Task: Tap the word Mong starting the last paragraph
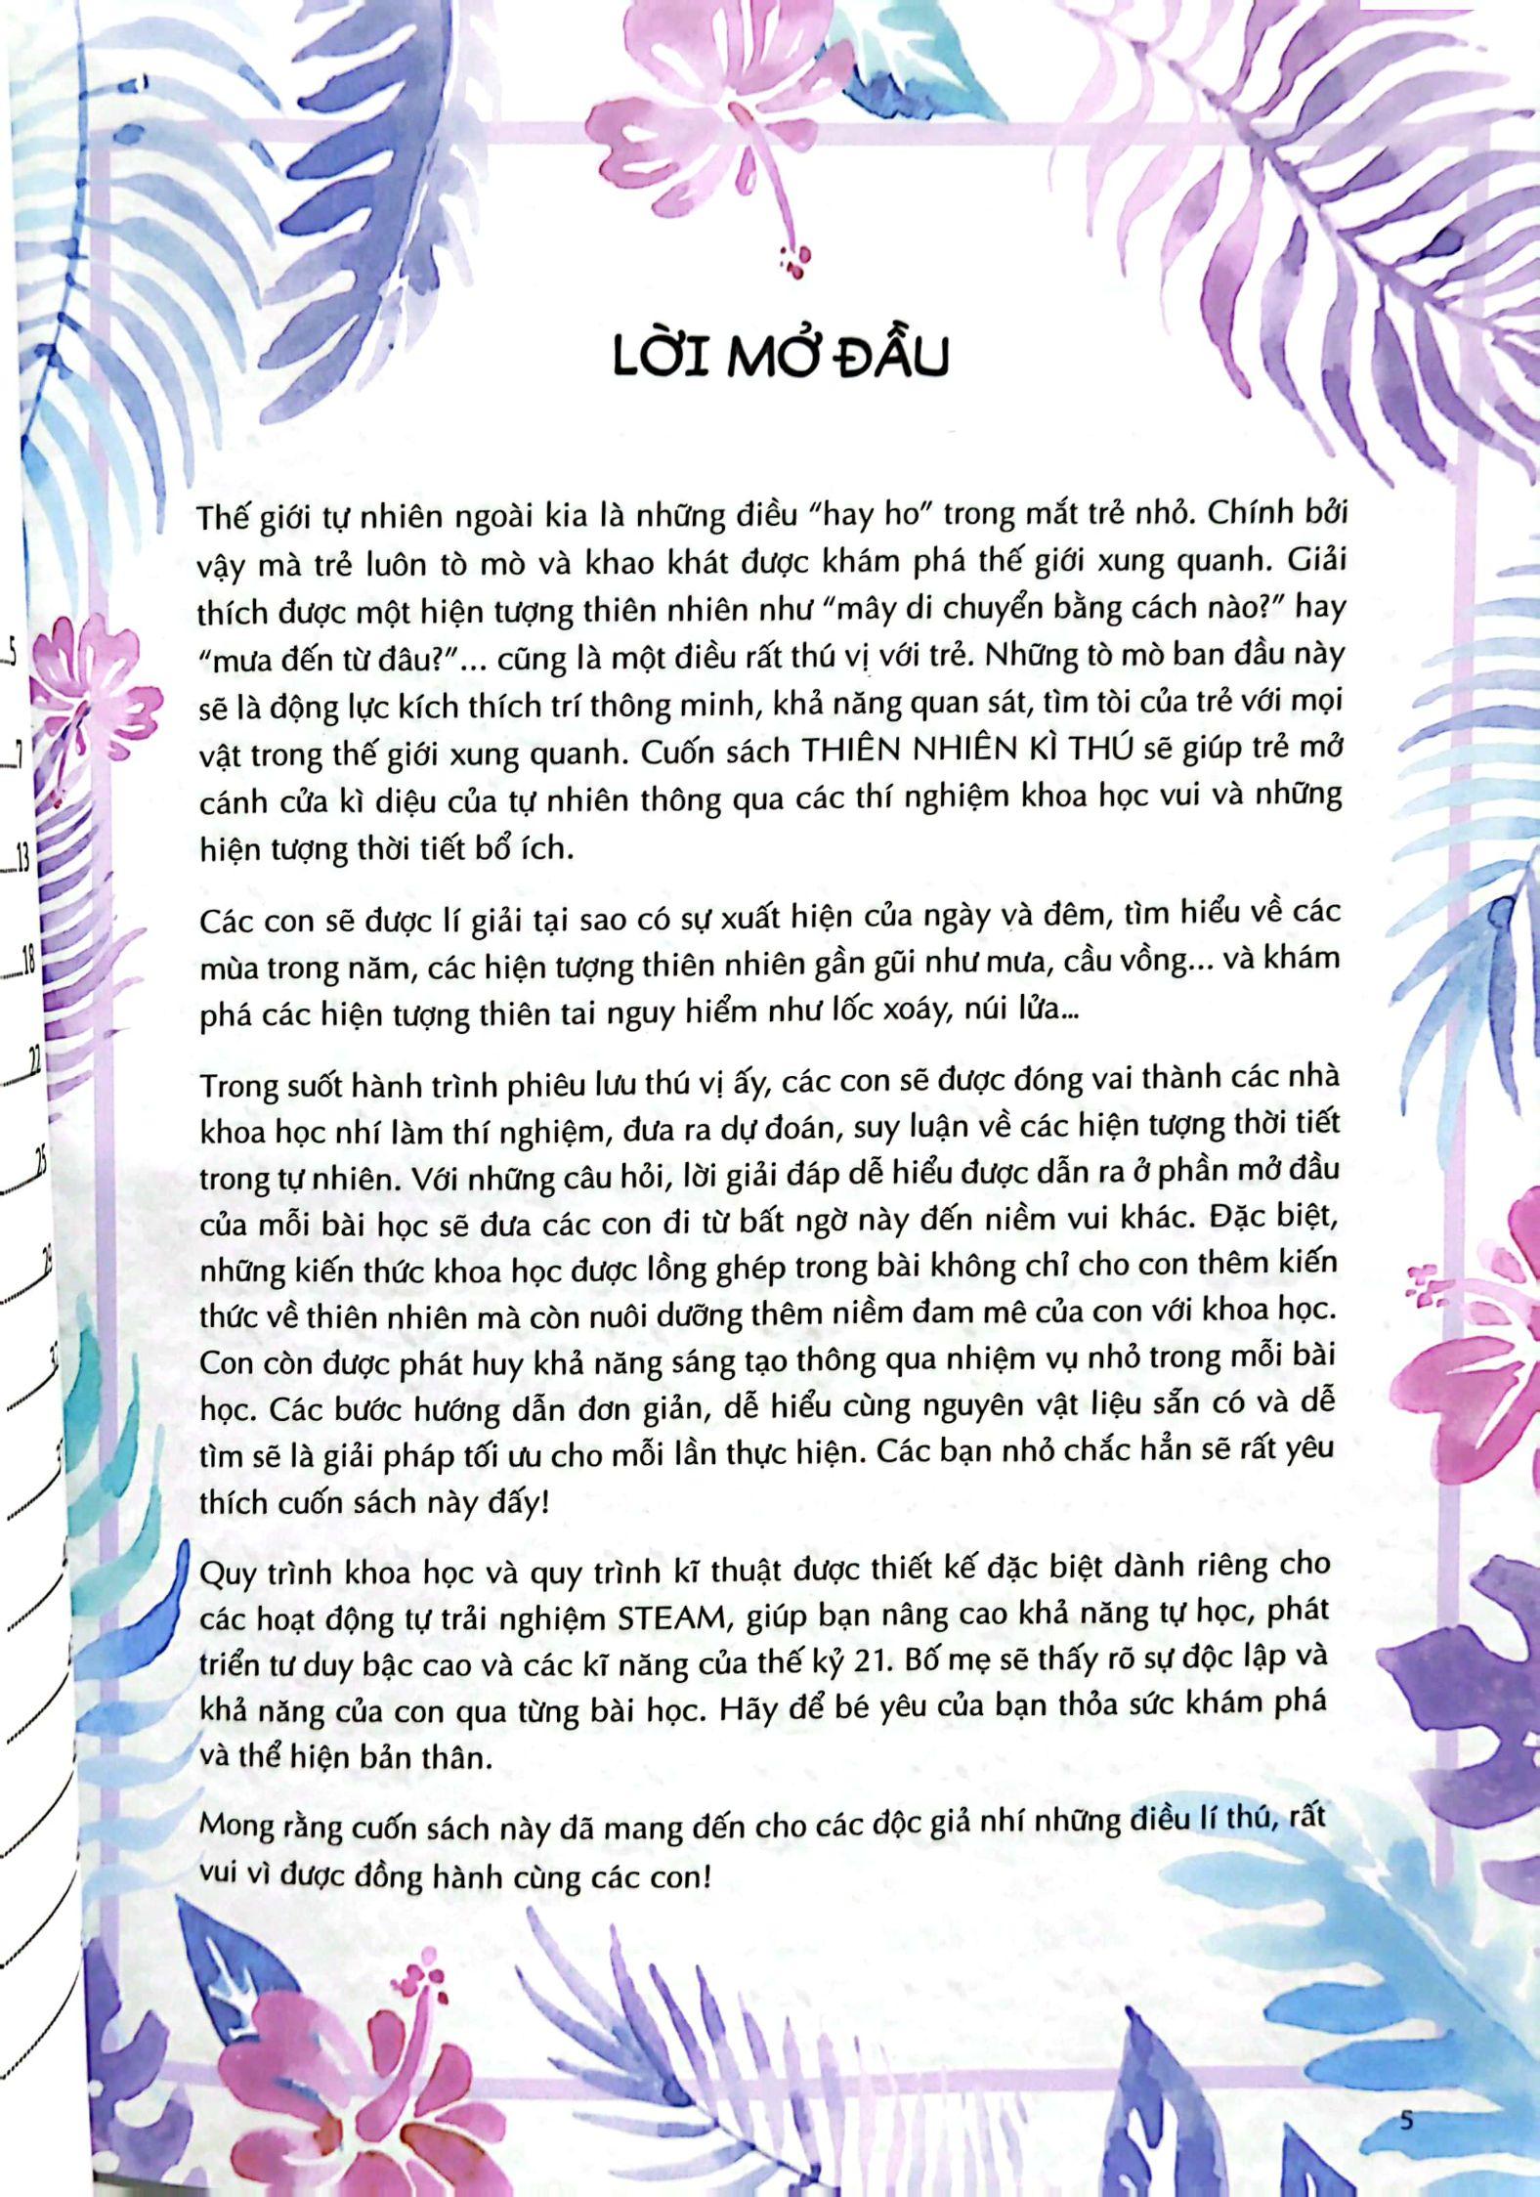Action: (x=235, y=1826)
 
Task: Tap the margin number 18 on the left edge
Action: (x=24, y=961)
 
